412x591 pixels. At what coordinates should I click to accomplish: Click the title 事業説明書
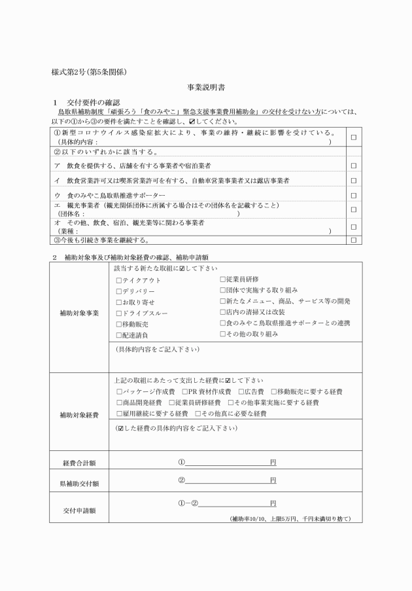point(205,87)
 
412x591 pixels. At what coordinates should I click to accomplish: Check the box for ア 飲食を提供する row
point(353,165)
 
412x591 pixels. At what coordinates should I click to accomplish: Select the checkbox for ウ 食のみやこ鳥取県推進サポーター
point(353,195)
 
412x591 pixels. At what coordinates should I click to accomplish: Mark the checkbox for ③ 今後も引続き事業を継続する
point(353,240)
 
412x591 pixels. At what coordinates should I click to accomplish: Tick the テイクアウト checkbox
point(118,280)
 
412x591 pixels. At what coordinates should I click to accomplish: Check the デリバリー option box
point(118,291)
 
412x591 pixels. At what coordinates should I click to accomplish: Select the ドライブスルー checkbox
point(118,313)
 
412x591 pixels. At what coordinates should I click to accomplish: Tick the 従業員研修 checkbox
point(222,279)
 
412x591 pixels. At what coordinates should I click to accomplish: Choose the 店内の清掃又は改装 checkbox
point(222,312)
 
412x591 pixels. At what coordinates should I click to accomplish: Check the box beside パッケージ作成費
point(118,391)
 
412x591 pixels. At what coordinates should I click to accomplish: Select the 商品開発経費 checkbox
point(118,403)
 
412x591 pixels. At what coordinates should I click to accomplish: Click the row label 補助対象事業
point(79,313)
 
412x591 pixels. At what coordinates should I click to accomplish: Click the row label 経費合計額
point(79,463)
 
